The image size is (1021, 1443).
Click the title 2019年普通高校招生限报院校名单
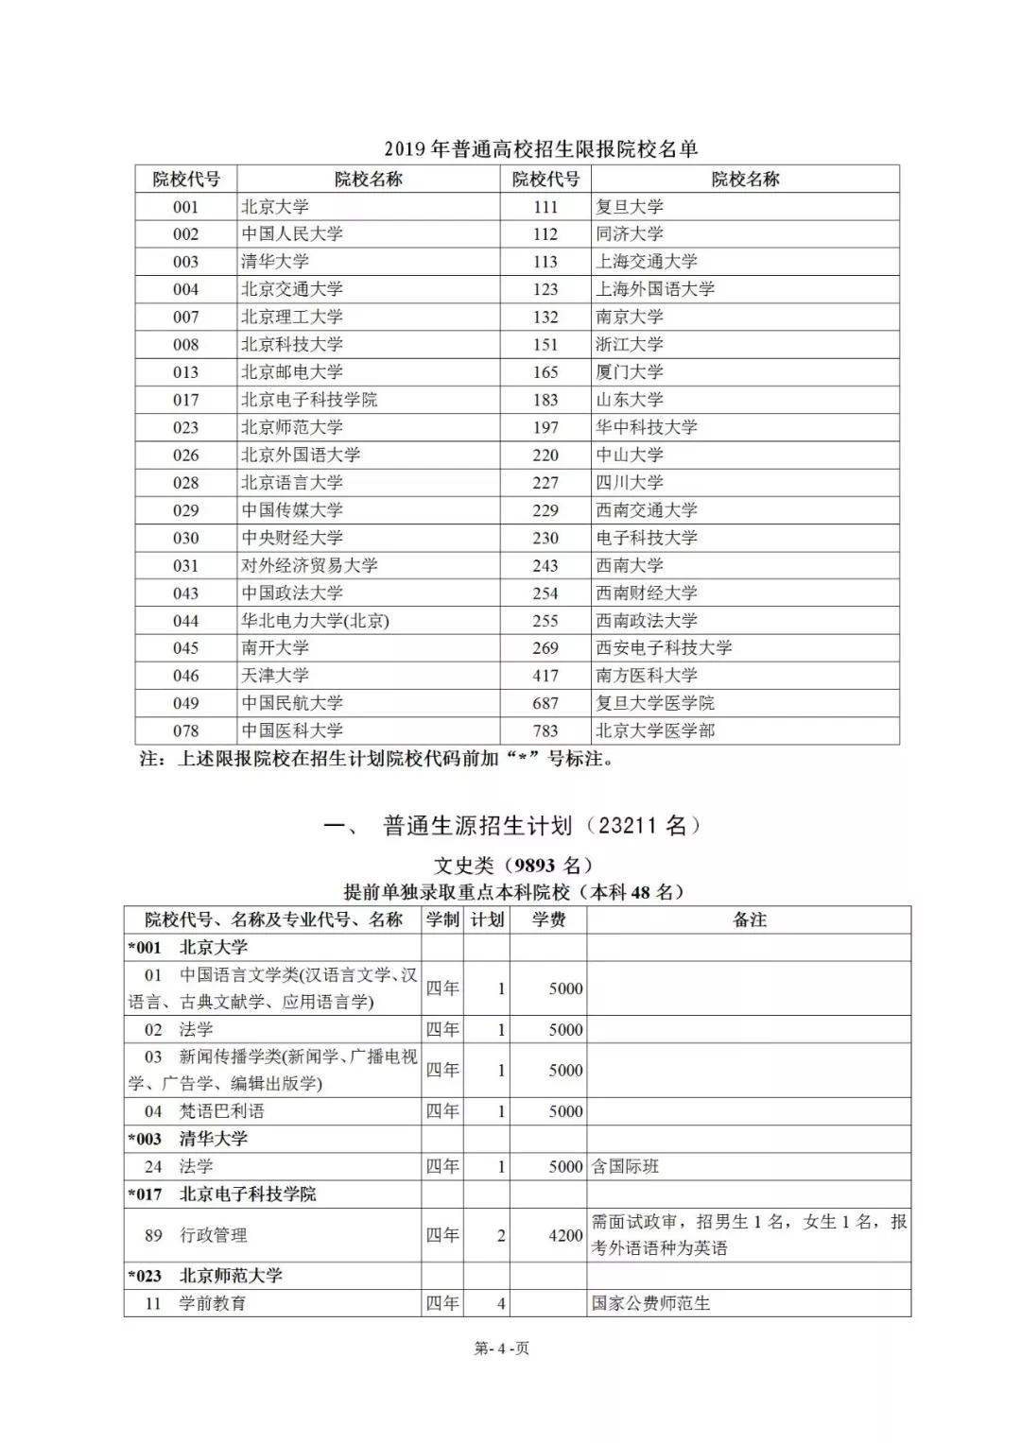coord(540,149)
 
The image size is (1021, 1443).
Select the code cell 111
coord(545,207)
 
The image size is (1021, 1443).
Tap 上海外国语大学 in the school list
coord(654,289)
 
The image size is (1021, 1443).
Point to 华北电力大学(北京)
coord(315,621)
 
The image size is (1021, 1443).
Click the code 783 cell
coord(545,730)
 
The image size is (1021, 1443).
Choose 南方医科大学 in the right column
coord(646,676)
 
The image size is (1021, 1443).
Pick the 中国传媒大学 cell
coord(291,510)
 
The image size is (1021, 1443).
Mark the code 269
coord(545,648)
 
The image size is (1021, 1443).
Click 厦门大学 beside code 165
coord(629,372)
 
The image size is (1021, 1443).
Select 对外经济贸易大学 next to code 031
coord(309,565)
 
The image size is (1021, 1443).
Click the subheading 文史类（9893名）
coord(513,866)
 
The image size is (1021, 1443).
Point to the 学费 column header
coord(548,919)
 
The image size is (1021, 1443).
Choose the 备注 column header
coord(749,919)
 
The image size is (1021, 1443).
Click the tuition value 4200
coord(565,1235)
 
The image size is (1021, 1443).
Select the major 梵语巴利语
coord(221,1111)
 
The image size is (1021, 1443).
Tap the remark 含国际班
coord(625,1166)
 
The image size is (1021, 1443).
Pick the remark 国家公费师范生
coord(650,1303)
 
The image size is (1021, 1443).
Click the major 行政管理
coord(213,1235)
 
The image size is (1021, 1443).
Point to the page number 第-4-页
coord(501,1348)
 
